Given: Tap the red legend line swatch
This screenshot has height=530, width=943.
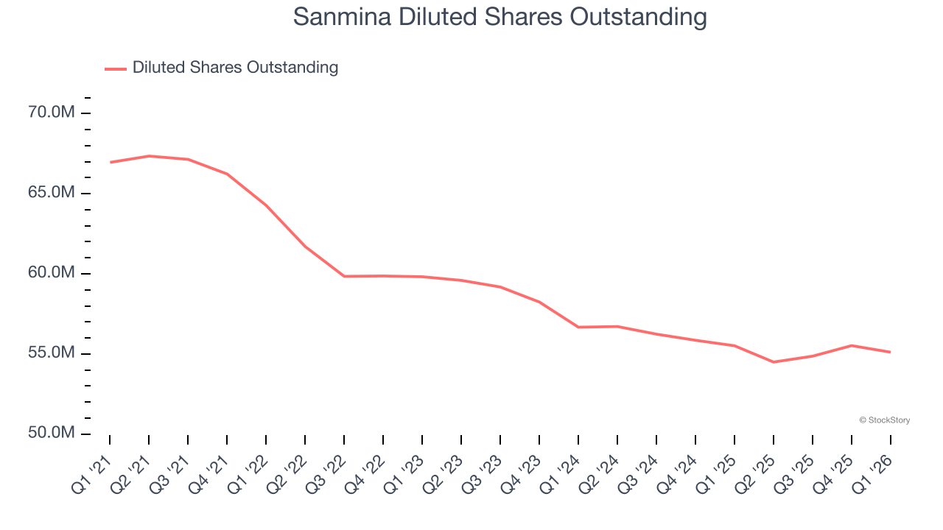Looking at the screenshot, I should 116,68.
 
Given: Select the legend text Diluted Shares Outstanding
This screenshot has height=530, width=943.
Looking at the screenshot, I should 235,68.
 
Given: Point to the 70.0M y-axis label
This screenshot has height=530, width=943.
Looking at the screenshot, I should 52,113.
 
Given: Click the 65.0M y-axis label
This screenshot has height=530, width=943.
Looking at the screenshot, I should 52,193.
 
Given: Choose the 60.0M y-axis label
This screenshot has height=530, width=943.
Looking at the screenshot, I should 52,273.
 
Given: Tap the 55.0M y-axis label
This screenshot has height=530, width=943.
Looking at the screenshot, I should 52,353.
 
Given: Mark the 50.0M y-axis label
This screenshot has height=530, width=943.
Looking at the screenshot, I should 52,433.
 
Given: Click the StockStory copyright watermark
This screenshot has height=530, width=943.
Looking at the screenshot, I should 884,420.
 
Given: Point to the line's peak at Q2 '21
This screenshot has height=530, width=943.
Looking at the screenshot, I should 149,156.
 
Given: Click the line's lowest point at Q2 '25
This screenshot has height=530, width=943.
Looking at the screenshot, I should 774,362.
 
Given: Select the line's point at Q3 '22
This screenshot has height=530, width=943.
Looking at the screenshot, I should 344,276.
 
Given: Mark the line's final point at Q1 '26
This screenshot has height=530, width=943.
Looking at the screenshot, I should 890,352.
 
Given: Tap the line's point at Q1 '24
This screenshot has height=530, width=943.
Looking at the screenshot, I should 578,327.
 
